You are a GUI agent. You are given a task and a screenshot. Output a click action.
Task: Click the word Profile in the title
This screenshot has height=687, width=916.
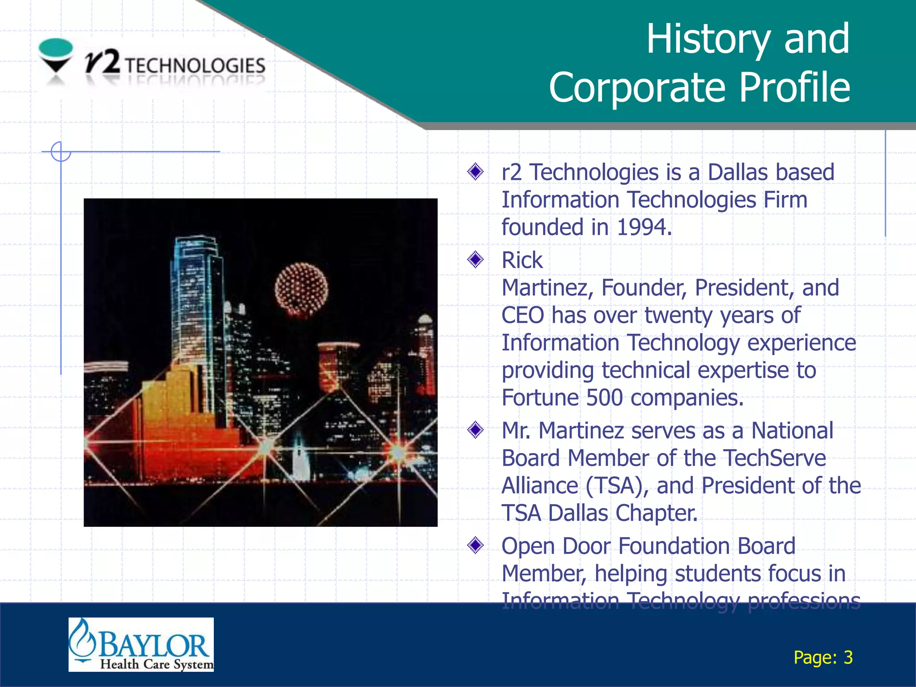point(794,88)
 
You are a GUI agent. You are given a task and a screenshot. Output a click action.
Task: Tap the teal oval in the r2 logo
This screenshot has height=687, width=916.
point(56,47)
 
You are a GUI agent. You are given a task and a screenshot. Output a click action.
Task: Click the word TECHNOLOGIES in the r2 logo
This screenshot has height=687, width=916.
point(195,66)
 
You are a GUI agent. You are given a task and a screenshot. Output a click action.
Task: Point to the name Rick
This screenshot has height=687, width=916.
point(522,260)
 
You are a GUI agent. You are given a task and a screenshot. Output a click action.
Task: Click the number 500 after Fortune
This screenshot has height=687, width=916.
point(604,398)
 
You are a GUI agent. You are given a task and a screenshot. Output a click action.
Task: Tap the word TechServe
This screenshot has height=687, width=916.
point(774,458)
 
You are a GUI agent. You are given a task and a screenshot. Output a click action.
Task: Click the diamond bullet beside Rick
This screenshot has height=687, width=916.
point(475,259)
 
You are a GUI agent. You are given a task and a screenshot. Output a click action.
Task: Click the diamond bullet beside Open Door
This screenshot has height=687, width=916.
point(475,545)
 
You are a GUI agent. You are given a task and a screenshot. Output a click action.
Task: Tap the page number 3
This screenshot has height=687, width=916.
point(848,657)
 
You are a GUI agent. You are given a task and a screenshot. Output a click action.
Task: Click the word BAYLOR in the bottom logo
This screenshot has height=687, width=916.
point(153,645)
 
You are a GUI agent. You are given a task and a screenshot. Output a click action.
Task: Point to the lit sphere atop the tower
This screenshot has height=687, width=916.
point(301,290)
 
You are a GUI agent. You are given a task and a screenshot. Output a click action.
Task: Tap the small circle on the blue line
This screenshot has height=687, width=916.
point(61,152)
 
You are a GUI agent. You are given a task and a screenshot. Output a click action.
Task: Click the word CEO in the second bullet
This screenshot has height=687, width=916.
point(522,315)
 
